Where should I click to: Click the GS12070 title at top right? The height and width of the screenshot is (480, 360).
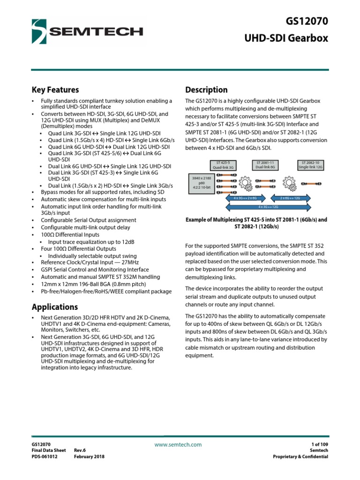coord(307,21)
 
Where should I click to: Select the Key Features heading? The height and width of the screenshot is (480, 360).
coord(55,90)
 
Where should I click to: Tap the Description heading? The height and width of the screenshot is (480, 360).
coord(206,90)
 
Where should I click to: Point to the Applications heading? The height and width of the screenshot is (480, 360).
coord(54,307)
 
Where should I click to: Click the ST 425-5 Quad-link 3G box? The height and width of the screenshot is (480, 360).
coord(223,164)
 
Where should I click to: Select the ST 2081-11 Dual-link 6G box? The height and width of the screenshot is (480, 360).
coord(265,164)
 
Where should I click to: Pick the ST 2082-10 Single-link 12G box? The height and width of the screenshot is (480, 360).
coord(311,164)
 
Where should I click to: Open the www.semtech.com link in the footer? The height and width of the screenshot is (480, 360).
coord(178,444)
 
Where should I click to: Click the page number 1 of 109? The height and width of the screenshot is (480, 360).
coord(317,444)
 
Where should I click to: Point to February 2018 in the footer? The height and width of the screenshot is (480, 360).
coord(90,457)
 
